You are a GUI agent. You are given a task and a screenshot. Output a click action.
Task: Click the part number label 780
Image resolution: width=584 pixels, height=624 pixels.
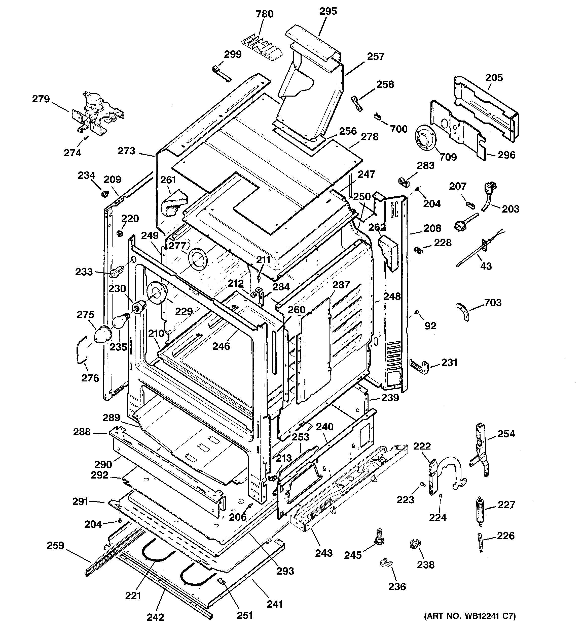click(x=264, y=14)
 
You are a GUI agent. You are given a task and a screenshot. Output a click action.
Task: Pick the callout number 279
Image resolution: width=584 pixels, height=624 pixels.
click(x=41, y=99)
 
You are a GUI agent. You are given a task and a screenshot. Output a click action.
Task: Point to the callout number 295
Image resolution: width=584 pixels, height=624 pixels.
click(x=328, y=11)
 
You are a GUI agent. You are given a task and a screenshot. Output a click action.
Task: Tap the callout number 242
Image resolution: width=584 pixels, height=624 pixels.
click(x=156, y=616)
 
